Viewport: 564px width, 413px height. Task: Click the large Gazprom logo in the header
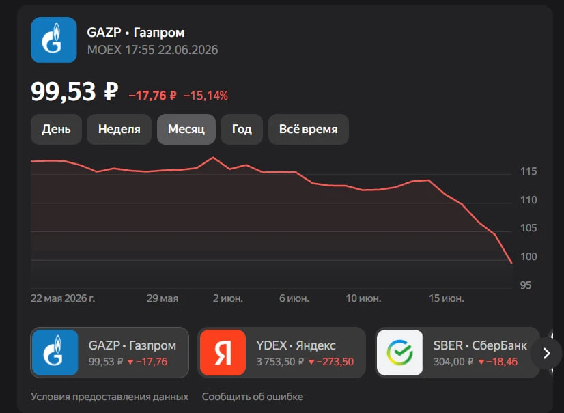(53, 40)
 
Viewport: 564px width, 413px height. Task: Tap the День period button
(56, 129)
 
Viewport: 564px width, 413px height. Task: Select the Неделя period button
(119, 129)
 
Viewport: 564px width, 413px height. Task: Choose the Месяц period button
(186, 129)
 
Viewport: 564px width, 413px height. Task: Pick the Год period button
(242, 129)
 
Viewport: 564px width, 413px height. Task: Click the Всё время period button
(308, 129)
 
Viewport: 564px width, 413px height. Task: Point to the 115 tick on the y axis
(528, 171)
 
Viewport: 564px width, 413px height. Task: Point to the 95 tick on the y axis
(526, 285)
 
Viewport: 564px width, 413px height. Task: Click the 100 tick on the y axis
(528, 257)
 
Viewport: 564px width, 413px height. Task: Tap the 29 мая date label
(163, 298)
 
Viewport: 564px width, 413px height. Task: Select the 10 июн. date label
(363, 298)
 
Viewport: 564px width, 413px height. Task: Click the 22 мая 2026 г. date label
(63, 298)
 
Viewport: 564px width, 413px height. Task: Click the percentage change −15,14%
(206, 96)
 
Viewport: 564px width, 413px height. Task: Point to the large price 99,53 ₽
(74, 91)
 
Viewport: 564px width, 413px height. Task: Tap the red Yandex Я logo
(223, 352)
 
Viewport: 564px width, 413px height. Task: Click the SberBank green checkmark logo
(399, 352)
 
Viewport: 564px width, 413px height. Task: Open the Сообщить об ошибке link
(253, 397)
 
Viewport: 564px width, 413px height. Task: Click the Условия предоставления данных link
(109, 397)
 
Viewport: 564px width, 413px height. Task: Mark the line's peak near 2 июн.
(213, 158)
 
